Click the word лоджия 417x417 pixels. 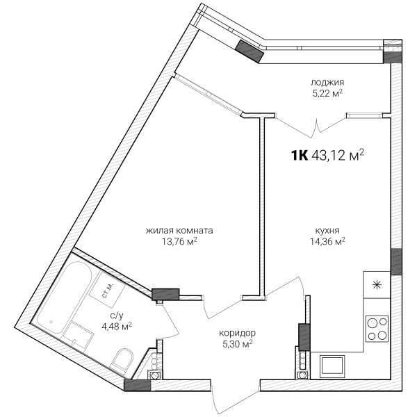(x=327, y=83)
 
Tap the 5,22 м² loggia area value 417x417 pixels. (x=327, y=94)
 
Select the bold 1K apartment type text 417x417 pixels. (x=300, y=156)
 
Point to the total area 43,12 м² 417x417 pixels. (x=338, y=155)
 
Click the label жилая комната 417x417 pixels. (x=179, y=230)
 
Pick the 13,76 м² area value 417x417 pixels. (x=179, y=241)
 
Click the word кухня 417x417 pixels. (x=327, y=230)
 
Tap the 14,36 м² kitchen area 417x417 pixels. (x=327, y=241)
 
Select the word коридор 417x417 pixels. (x=237, y=333)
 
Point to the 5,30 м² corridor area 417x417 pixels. (x=237, y=344)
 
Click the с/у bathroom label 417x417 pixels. (x=117, y=316)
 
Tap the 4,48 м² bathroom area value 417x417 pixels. (x=117, y=326)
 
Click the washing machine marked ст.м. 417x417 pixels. (x=107, y=289)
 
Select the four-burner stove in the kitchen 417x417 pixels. (x=377, y=329)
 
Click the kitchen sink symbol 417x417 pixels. (x=332, y=366)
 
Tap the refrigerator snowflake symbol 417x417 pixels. (x=377, y=285)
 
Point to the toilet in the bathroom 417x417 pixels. (x=122, y=361)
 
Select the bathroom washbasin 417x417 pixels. (x=78, y=334)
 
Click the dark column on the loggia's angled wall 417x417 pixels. (x=250, y=51)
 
